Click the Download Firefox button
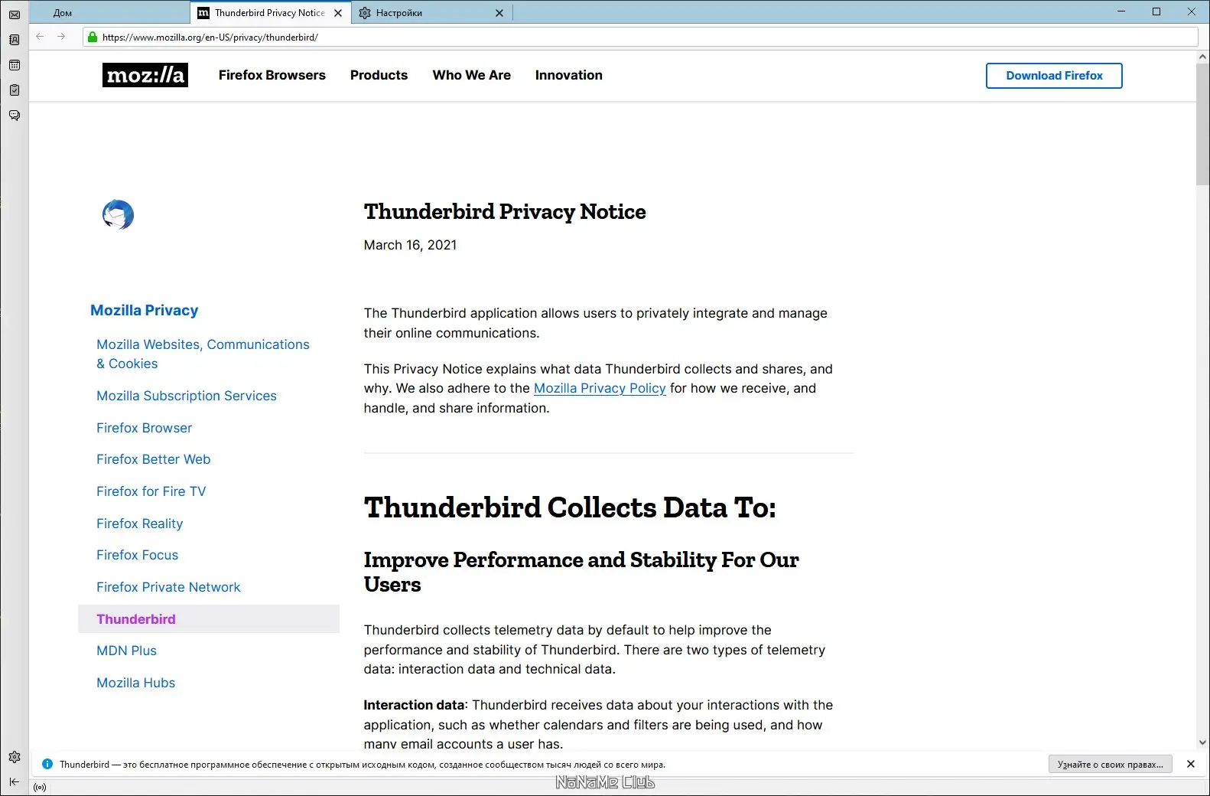tap(1054, 76)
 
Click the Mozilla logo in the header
tap(145, 75)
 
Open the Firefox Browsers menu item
tap(272, 75)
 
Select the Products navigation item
tap(379, 75)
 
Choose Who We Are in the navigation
tap(471, 75)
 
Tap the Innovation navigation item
tap(568, 75)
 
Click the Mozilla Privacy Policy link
tap(600, 388)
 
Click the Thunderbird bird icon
tap(118, 215)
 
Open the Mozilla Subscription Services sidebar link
tap(187, 396)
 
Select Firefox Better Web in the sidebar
tap(153, 459)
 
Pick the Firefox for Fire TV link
tap(151, 491)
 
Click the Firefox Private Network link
tap(168, 587)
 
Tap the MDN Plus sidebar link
tap(126, 651)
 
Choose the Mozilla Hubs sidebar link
tap(135, 683)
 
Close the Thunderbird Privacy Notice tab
tap(338, 13)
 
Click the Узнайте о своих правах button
tap(1110, 764)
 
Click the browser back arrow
tap(40, 37)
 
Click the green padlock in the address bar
tap(93, 37)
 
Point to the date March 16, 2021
tap(410, 245)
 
